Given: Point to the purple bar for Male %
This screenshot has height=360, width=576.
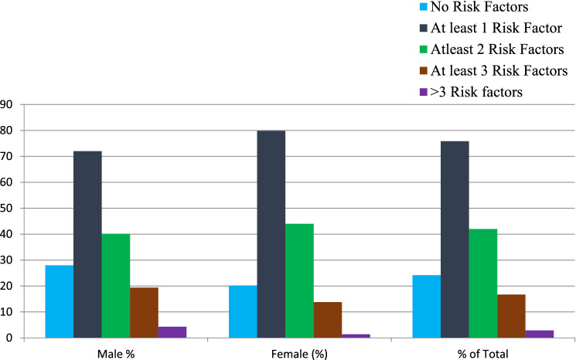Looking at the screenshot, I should point(172,332).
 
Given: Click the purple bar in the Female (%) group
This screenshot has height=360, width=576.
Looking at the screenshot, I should point(356,335).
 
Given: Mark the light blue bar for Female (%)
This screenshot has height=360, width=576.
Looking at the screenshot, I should point(243,311).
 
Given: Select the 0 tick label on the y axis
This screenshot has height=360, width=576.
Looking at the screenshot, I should point(10,338).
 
